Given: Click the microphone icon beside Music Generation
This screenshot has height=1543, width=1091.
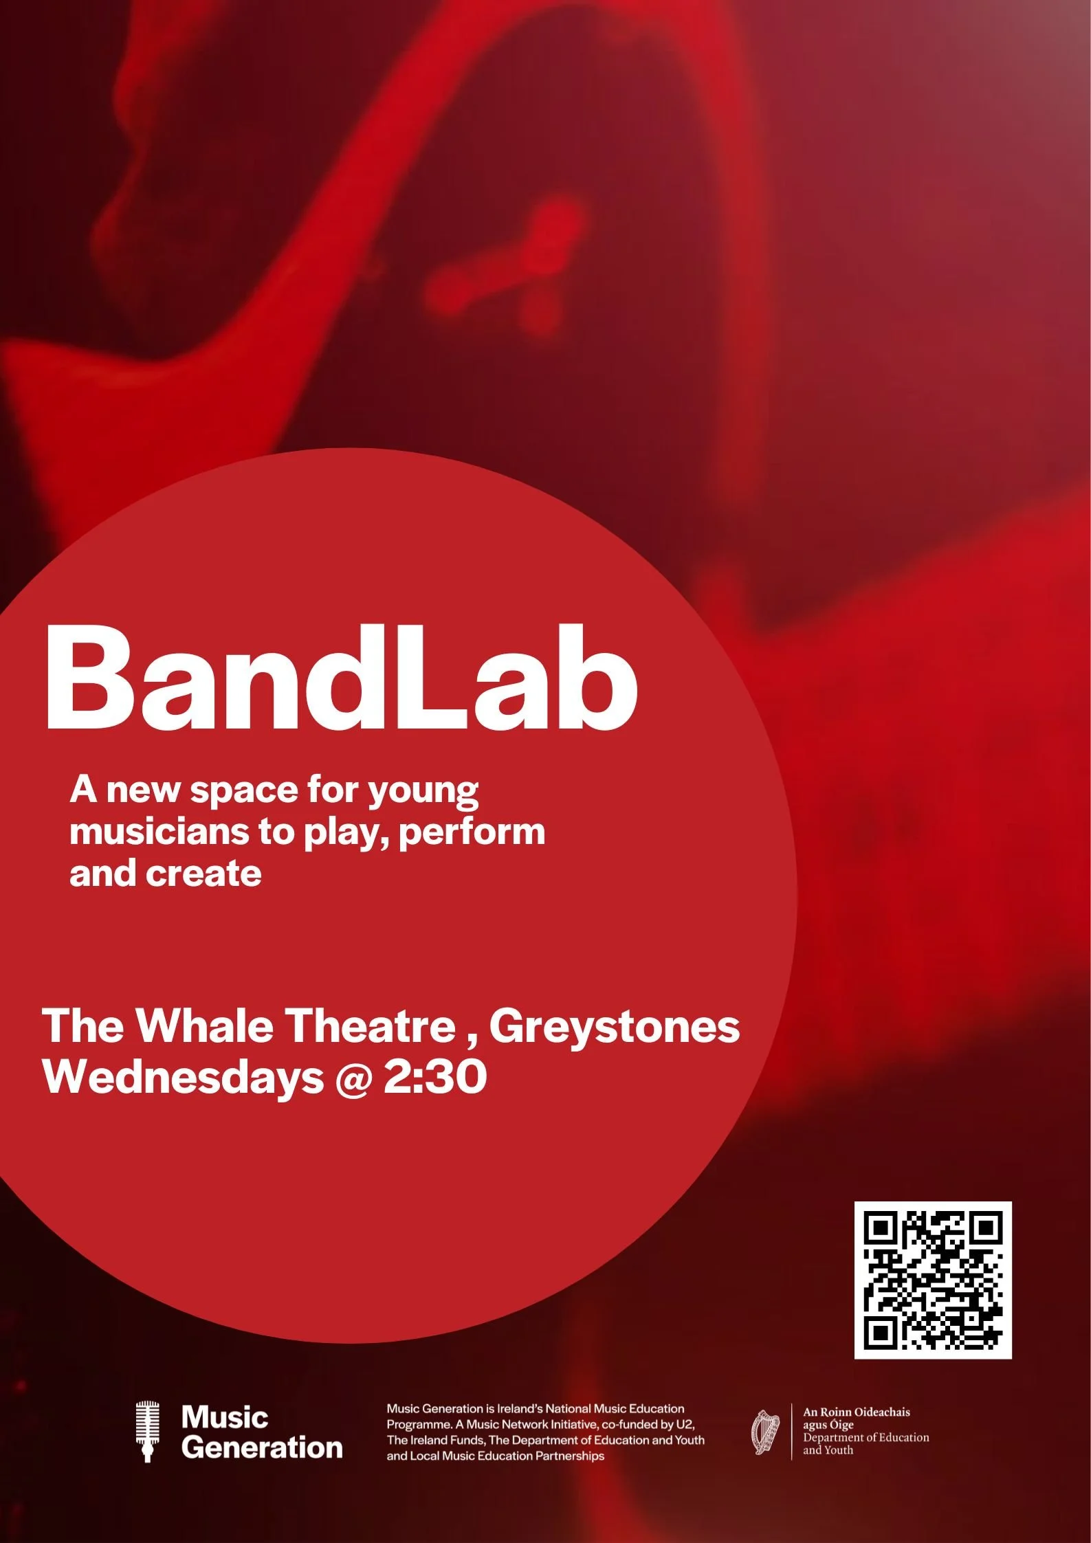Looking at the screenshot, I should point(147,1432).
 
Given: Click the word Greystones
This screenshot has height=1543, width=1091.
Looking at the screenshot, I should point(614,1027).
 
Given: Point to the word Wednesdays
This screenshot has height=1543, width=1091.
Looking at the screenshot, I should point(182,1077).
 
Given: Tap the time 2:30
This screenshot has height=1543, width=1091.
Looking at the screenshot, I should point(435,1077).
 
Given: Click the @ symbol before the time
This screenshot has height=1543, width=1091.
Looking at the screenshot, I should point(353,1078).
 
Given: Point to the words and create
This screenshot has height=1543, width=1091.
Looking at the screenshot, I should point(166,874).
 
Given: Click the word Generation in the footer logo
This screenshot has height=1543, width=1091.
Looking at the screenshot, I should point(262,1448).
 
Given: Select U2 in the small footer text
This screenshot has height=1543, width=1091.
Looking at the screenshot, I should point(685,1424).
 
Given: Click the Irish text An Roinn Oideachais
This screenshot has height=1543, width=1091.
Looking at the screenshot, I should point(856,1412).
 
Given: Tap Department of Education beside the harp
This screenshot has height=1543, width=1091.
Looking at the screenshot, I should point(866,1437).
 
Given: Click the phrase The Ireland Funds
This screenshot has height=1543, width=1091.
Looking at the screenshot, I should point(434,1440).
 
